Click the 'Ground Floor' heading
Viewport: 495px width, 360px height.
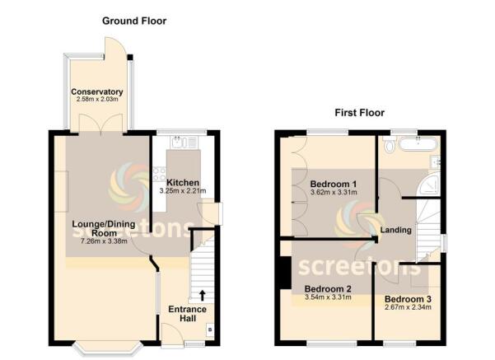(133, 20)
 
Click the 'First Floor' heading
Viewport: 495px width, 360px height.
(359, 112)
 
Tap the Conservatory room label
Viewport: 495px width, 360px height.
(97, 91)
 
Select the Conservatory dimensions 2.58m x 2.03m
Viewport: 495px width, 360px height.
(97, 100)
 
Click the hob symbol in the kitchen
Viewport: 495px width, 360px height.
(158, 175)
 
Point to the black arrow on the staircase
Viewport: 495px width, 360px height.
(203, 294)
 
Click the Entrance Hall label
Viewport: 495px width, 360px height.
(188, 314)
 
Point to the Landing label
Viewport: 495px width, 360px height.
(396, 230)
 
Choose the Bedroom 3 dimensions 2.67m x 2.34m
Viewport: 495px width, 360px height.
(409, 307)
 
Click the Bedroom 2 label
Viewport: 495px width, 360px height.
(327, 288)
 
